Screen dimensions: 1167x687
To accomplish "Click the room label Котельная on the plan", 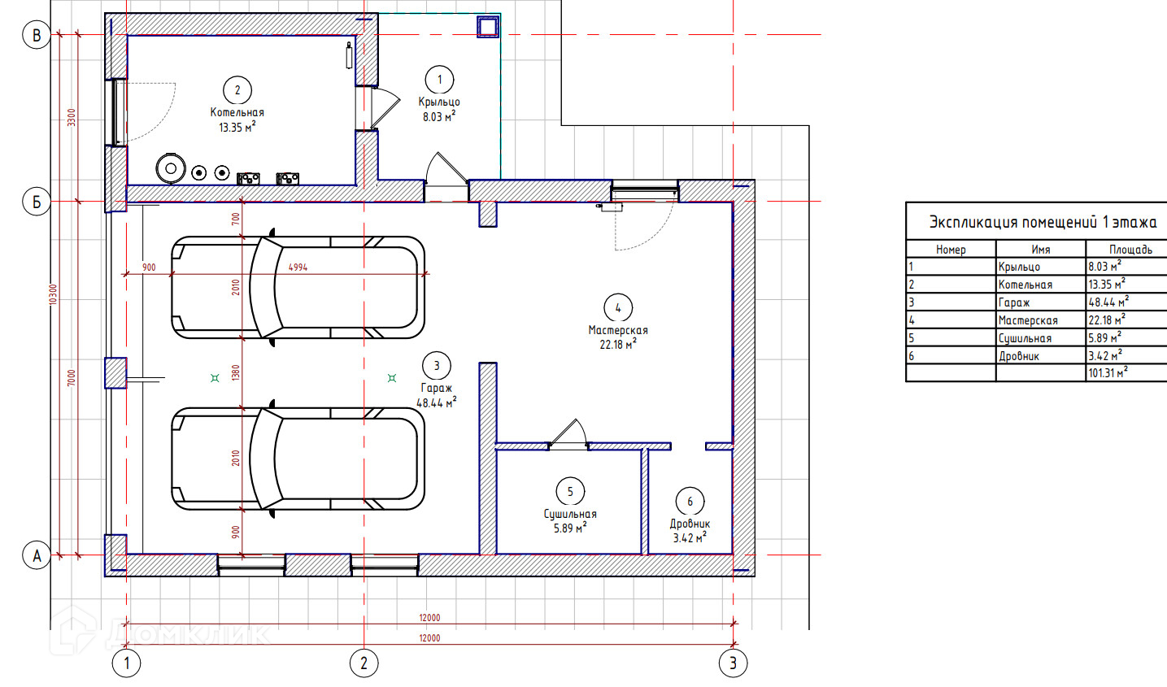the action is tap(237, 112).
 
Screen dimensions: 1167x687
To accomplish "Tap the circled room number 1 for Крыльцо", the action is tap(439, 80).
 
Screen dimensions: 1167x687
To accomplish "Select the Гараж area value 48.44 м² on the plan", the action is tap(437, 402).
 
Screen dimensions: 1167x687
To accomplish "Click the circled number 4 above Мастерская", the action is tap(618, 308).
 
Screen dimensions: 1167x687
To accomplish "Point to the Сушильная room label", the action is tap(570, 514).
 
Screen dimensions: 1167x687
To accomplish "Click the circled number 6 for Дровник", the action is tap(690, 501).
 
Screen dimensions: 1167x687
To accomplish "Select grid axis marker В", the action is tap(37, 35).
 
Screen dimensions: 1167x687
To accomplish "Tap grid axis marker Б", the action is tap(37, 202).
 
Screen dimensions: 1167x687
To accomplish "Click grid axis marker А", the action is tap(37, 555).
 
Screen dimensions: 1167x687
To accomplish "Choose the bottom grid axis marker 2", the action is tap(364, 663).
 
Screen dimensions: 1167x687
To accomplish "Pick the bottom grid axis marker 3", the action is tap(733, 663).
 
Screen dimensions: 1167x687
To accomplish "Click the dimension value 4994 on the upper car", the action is tap(298, 267).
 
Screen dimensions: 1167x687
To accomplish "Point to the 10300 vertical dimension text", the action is tap(53, 294).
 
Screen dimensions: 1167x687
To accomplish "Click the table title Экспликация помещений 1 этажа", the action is tap(1043, 223).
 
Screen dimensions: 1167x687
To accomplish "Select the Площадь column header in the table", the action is tap(1130, 250).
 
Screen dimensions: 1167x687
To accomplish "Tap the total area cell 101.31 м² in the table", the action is tap(1108, 372).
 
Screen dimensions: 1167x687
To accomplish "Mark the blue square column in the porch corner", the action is tap(488, 26).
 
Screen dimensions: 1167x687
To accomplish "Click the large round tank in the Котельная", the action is tap(170, 168).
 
